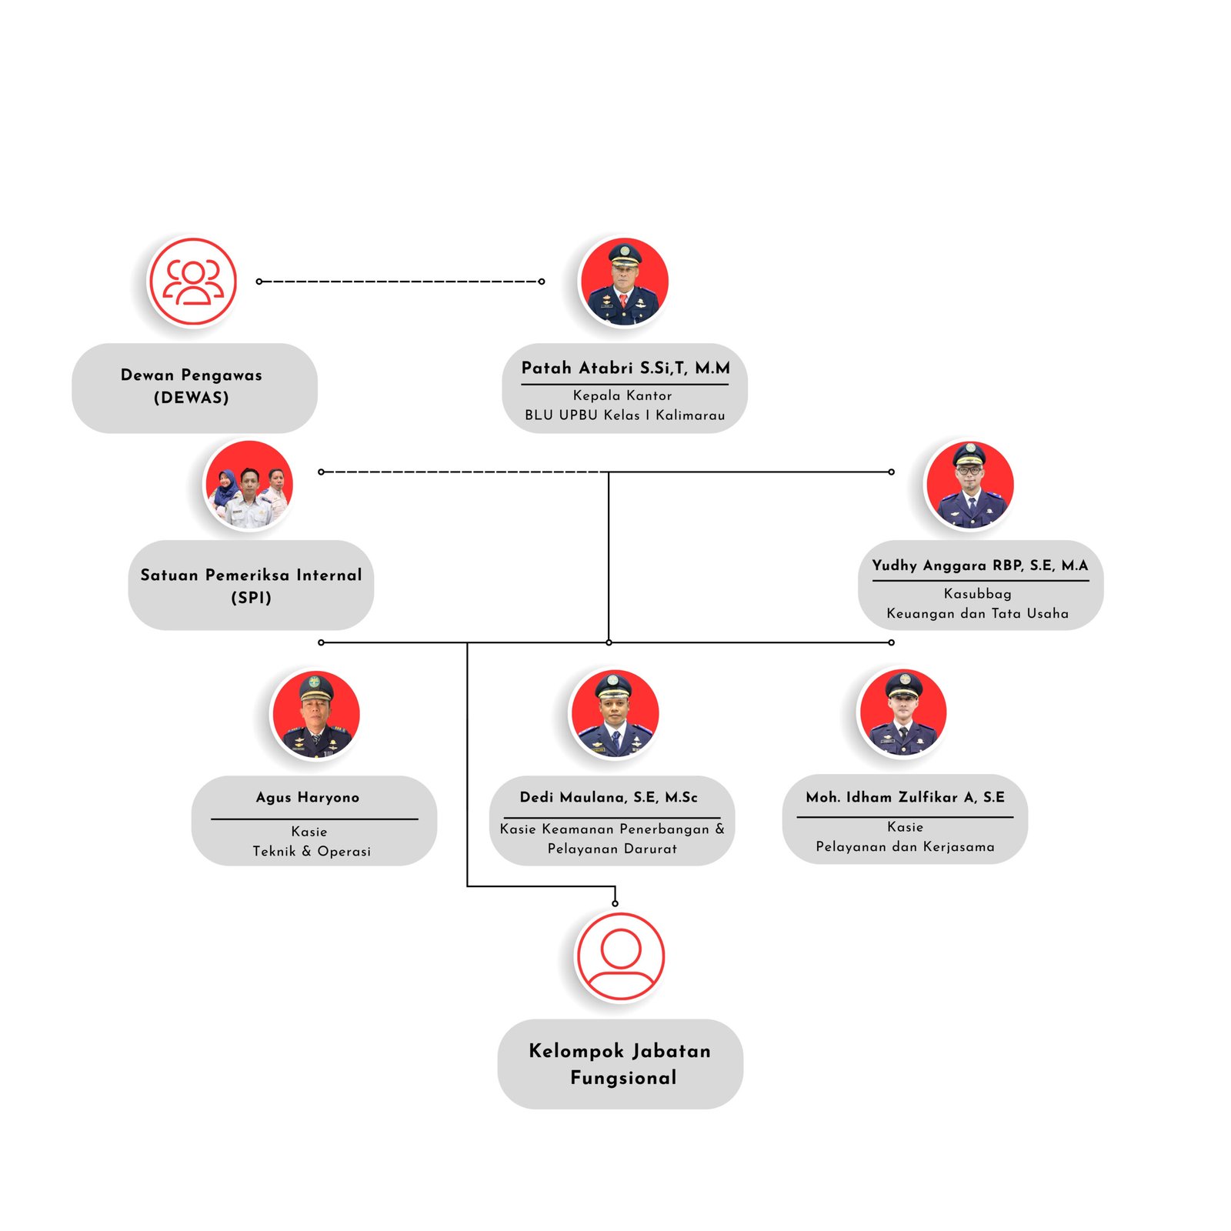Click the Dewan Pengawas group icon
(192, 282)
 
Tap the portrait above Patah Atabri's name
(624, 282)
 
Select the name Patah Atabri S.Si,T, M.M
(626, 369)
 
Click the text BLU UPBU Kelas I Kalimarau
(625, 415)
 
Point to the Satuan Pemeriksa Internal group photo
(249, 485)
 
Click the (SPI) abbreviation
(251, 598)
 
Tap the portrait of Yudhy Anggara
(969, 485)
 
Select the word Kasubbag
(978, 594)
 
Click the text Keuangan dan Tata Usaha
(977, 613)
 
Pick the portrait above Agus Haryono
(315, 714)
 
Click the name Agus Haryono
(308, 798)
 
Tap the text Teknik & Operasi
(312, 851)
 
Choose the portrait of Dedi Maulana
(614, 714)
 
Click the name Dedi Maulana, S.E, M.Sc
(609, 797)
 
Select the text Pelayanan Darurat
(612, 849)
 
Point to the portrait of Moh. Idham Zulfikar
(903, 713)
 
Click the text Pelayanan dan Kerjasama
(905, 846)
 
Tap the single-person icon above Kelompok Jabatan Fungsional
(620, 956)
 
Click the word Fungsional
(623, 1078)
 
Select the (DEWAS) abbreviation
(192, 398)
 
